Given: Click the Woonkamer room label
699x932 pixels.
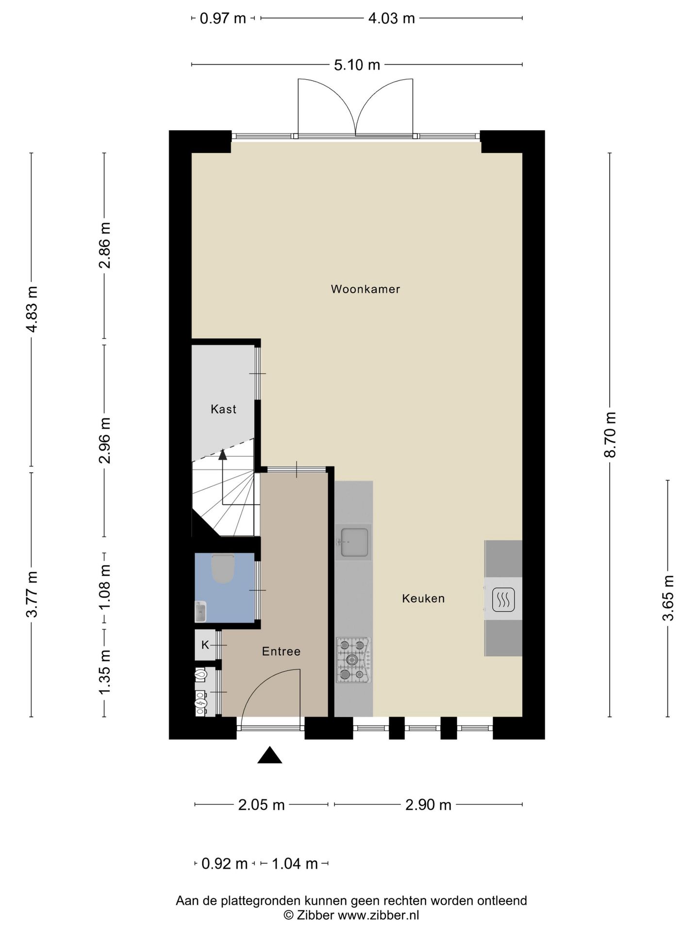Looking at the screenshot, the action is coord(365,289).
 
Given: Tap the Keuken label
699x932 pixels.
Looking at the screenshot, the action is coord(423,599).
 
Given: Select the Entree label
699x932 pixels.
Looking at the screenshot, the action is coord(281,651).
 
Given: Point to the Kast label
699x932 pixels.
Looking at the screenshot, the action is coord(223,409).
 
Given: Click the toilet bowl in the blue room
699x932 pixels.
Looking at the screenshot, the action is coord(223,569).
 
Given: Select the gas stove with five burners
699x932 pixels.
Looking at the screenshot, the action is coord(353,660).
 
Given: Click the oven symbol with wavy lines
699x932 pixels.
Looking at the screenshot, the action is coord(503,599).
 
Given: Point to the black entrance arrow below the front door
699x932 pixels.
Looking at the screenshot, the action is coord(269,755).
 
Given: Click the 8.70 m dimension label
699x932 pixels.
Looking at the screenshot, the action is coord(610,434).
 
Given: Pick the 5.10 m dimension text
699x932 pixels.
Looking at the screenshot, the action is coord(357,65).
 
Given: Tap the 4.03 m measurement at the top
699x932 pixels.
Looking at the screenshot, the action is coord(391,18).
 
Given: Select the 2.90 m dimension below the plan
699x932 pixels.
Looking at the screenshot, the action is coord(428,805).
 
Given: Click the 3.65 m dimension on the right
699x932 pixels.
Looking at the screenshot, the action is coord(668,598).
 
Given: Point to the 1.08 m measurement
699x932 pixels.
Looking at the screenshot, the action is coord(105,587).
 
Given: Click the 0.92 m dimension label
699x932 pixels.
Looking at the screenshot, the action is coord(224,864).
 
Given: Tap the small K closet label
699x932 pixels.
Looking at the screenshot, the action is coord(205,645).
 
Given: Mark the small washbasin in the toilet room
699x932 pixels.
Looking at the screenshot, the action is coord(200,612).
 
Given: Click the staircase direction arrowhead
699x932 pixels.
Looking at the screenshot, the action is coord(223,454).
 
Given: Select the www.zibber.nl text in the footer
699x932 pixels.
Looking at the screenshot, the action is coord(378,915).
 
